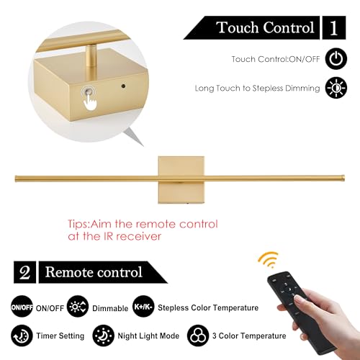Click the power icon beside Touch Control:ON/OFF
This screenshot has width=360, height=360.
click(x=336, y=59)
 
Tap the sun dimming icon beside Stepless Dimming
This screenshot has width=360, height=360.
click(x=336, y=88)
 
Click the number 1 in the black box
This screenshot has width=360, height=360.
click(x=334, y=27)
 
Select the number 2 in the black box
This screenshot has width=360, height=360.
click(x=24, y=272)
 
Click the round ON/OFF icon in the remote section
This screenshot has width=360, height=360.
click(x=22, y=307)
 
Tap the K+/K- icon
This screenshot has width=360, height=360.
click(x=143, y=307)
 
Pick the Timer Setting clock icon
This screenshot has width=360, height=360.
click(x=22, y=336)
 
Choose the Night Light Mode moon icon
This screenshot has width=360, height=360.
click(x=103, y=336)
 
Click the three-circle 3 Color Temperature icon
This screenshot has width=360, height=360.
click(x=198, y=336)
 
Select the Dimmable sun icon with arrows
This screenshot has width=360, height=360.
click(x=78, y=307)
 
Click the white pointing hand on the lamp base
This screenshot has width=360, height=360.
click(x=90, y=102)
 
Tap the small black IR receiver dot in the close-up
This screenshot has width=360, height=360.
click(x=123, y=86)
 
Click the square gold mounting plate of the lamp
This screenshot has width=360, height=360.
click(x=181, y=180)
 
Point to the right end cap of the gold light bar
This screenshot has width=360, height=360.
click(x=343, y=177)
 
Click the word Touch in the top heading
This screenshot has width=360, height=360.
click(x=238, y=27)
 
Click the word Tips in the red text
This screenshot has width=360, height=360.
click(x=78, y=225)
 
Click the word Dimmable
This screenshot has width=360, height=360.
click(x=110, y=308)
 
